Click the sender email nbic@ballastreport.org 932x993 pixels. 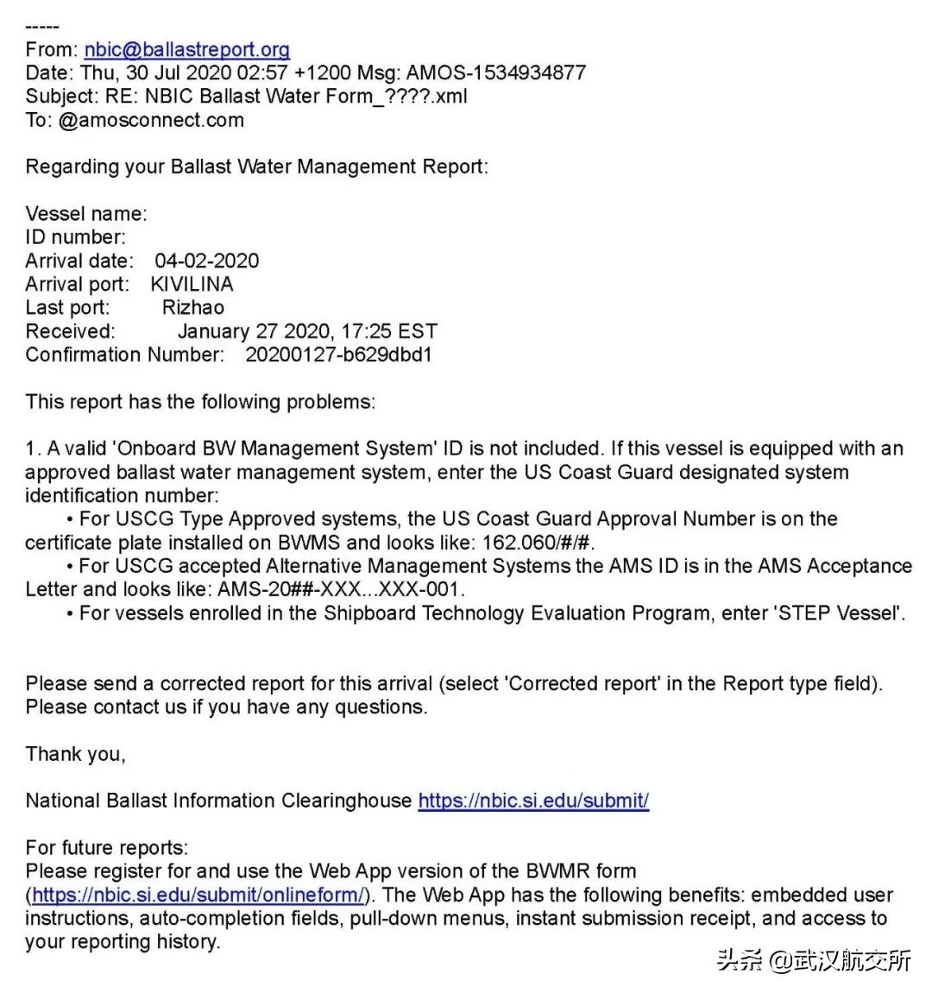point(186,50)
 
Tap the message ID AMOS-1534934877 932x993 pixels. point(496,73)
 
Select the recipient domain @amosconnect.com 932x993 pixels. point(151,120)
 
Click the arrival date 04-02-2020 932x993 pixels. point(206,261)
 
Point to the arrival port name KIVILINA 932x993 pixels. point(192,284)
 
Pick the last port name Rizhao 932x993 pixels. point(192,307)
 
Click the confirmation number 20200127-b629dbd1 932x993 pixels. point(338,355)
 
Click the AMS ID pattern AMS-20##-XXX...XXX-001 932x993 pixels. point(340,590)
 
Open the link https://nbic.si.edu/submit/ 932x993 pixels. point(533,801)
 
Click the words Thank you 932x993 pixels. point(75,754)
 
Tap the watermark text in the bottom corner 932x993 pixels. point(813,960)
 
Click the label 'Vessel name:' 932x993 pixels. point(86,214)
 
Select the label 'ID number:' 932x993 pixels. point(75,237)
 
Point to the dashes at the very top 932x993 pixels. point(42,27)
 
